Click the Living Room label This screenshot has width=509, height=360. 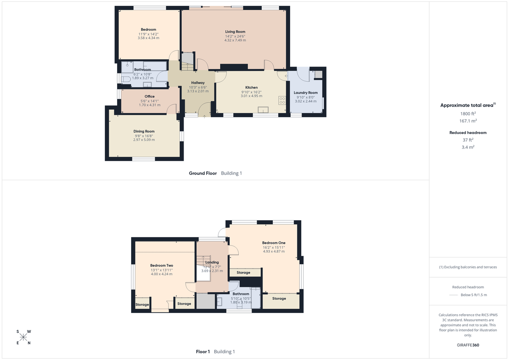235,32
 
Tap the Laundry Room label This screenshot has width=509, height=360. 305,92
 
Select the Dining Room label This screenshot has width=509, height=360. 144,131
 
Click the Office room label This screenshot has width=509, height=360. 149,96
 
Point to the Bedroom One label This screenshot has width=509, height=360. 274,243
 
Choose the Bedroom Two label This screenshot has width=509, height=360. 162,265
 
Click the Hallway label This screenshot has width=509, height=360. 198,83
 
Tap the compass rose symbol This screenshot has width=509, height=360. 23,337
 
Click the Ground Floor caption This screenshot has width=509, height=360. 203,173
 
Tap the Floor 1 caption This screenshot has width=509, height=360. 203,352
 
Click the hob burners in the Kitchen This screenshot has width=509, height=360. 282,101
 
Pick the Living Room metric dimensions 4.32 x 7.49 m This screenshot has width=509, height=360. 235,41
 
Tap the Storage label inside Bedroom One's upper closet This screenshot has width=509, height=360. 243,273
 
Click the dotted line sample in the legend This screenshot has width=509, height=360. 454,295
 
